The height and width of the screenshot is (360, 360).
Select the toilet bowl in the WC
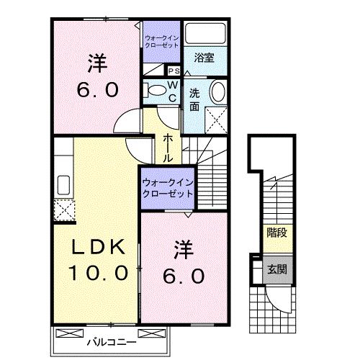coord(155,91)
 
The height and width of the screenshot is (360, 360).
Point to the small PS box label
coord(174,71)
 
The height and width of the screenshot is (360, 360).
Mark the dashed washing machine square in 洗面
coord(215,117)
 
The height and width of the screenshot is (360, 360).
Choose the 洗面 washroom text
coord(194,99)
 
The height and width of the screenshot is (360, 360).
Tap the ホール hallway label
coord(167,148)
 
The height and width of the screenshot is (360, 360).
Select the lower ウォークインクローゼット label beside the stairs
coord(167,189)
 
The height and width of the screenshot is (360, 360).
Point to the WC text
coord(173,90)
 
